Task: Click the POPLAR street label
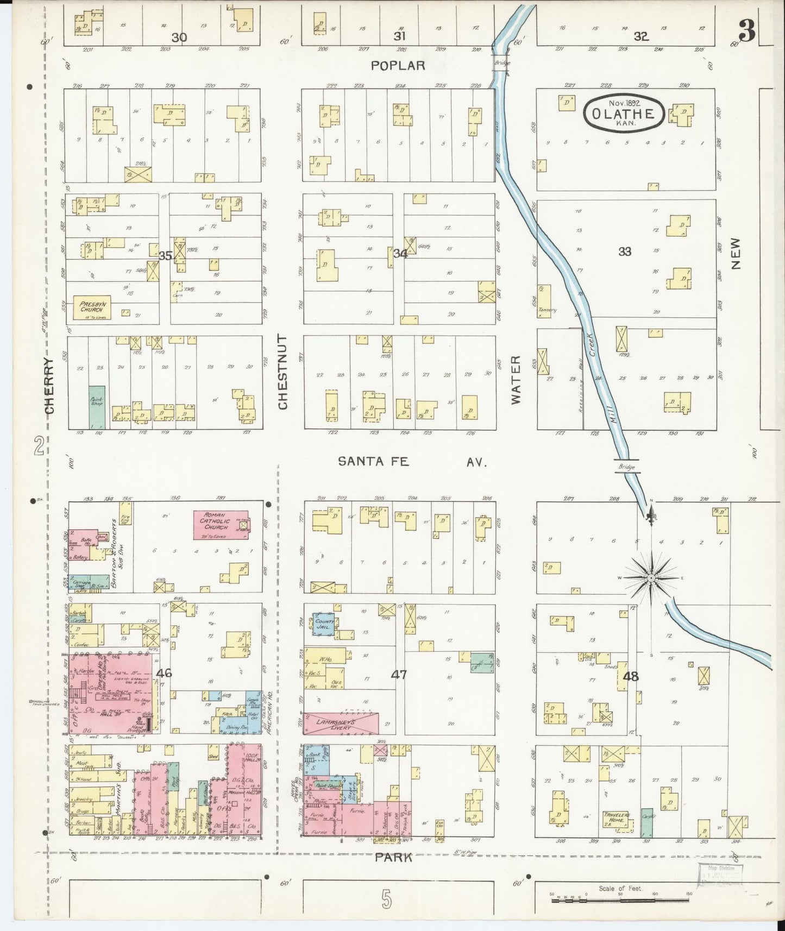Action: coord(398,66)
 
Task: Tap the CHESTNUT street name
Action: coord(282,372)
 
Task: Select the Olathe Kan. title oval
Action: coord(624,114)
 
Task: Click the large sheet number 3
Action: coord(747,33)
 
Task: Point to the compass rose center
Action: coord(651,578)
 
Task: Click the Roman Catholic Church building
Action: coord(221,524)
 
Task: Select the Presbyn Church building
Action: coord(92,307)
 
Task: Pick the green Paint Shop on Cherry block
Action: coord(97,407)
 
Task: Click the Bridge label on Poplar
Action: coord(502,63)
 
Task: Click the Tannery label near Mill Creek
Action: coord(547,310)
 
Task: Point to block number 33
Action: coord(625,251)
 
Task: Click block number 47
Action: coord(399,674)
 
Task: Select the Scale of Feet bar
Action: coord(620,900)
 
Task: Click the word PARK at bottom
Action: coord(393,857)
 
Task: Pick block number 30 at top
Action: coord(179,37)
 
